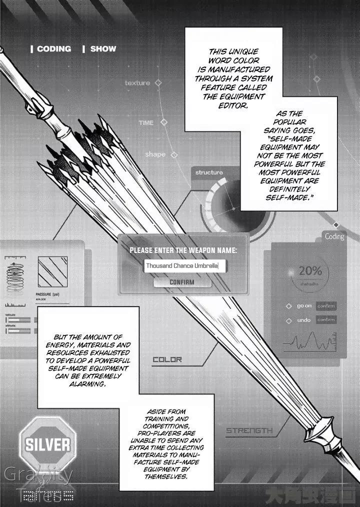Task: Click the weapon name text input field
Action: pyautogui.click(x=185, y=266)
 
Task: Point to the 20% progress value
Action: pyautogui.click(x=310, y=271)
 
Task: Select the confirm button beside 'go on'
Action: pyautogui.click(x=326, y=305)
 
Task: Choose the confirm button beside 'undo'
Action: pyautogui.click(x=326, y=319)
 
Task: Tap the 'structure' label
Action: pyautogui.click(x=209, y=172)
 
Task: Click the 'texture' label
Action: pyautogui.click(x=137, y=82)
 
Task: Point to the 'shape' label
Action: pyautogui.click(x=155, y=154)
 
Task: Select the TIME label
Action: pyautogui.click(x=146, y=122)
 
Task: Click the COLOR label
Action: pyautogui.click(x=167, y=359)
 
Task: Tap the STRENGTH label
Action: pyautogui.click(x=249, y=430)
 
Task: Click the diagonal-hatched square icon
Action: pyautogui.click(x=52, y=272)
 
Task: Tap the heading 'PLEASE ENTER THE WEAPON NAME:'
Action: pyautogui.click(x=183, y=250)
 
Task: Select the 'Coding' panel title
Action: pyautogui.click(x=334, y=236)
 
